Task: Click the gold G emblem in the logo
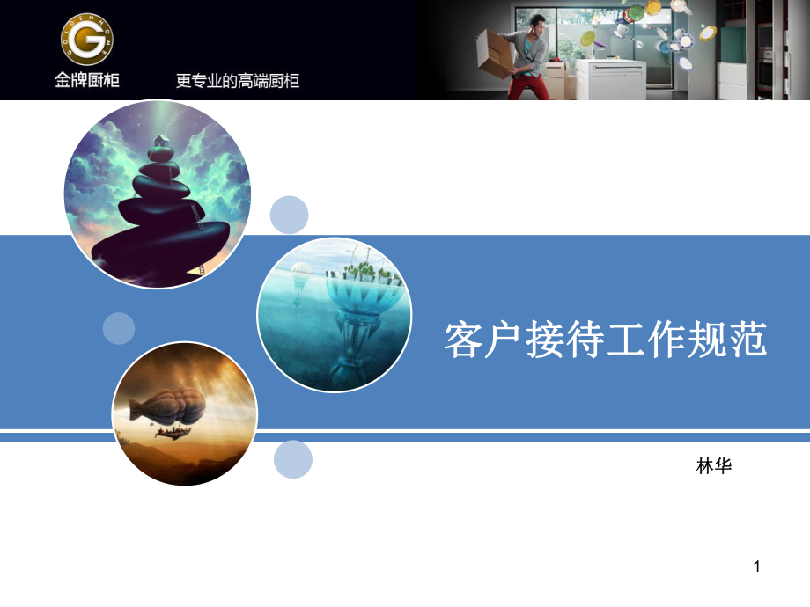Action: [x=86, y=40]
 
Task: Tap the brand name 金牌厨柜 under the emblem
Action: [x=86, y=81]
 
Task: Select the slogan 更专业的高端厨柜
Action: [x=238, y=81]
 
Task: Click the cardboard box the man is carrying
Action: [x=495, y=53]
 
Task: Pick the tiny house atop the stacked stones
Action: [x=160, y=142]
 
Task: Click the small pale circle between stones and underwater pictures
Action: [x=289, y=215]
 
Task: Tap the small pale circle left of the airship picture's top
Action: [x=119, y=328]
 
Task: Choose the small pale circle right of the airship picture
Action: [x=293, y=459]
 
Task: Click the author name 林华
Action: [x=714, y=466]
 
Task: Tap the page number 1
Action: [x=756, y=568]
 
